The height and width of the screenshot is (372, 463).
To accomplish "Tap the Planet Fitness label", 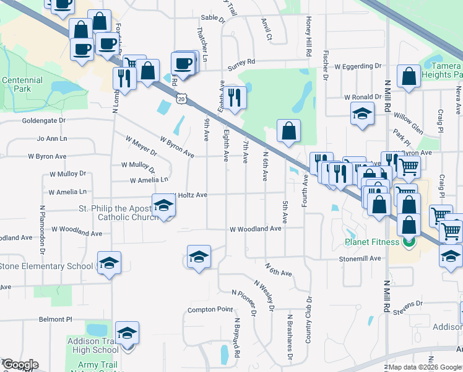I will click(x=371, y=242).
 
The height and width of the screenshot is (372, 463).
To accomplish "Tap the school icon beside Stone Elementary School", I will click(x=108, y=265).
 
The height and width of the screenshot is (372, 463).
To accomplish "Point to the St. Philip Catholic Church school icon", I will click(x=163, y=206).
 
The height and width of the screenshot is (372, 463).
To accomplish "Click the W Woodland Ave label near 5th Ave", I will click(x=256, y=229).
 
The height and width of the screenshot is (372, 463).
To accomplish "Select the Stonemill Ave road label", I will click(x=359, y=259).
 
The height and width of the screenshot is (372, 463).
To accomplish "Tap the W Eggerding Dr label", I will click(x=358, y=66).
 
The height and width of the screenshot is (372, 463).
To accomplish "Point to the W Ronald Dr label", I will click(x=363, y=97).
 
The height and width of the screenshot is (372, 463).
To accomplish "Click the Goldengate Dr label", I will click(x=43, y=121).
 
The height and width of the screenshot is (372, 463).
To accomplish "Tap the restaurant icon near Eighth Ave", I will click(x=235, y=97).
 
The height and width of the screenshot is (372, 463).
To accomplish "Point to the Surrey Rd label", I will click(x=242, y=62).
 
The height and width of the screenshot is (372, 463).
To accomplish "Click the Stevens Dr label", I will click(x=409, y=304).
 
